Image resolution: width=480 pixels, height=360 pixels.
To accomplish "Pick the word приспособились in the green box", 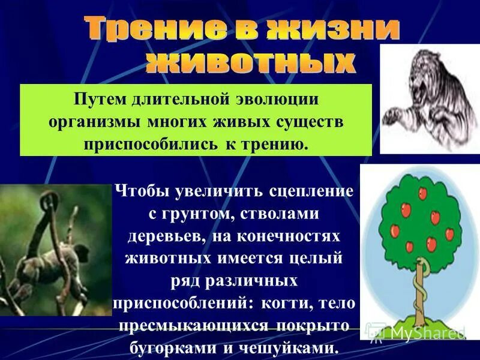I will click(142, 145).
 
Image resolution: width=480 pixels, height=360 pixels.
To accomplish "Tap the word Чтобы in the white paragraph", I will click(142, 192).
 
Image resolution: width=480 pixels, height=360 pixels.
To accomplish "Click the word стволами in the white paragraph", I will click(285, 214).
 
